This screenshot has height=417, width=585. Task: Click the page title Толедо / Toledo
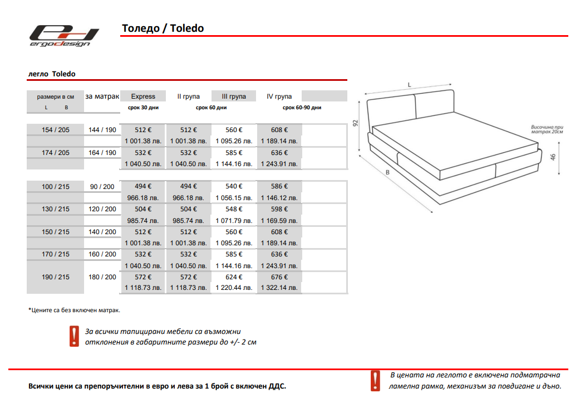(163, 28)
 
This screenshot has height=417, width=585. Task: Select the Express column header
(143, 96)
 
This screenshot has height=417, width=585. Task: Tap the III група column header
(234, 96)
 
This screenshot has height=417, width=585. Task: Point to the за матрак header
(102, 96)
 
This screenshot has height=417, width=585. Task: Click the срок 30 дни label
(143, 108)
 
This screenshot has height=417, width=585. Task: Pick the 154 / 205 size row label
(56, 130)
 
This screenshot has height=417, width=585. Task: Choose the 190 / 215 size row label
(56, 277)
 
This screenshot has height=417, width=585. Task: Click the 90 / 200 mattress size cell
(102, 187)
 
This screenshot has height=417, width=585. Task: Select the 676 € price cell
(279, 277)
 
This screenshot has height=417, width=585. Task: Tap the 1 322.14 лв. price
(279, 288)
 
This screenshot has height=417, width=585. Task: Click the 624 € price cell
(234, 277)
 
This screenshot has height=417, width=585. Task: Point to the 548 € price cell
(234, 209)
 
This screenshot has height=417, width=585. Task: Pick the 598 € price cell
(279, 209)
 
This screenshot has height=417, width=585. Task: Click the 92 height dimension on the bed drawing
(355, 123)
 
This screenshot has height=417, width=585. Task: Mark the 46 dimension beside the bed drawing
(553, 157)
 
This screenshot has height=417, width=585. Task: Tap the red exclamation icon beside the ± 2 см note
(74, 337)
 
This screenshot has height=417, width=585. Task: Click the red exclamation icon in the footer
(375, 381)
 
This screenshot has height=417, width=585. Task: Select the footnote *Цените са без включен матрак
(74, 310)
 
